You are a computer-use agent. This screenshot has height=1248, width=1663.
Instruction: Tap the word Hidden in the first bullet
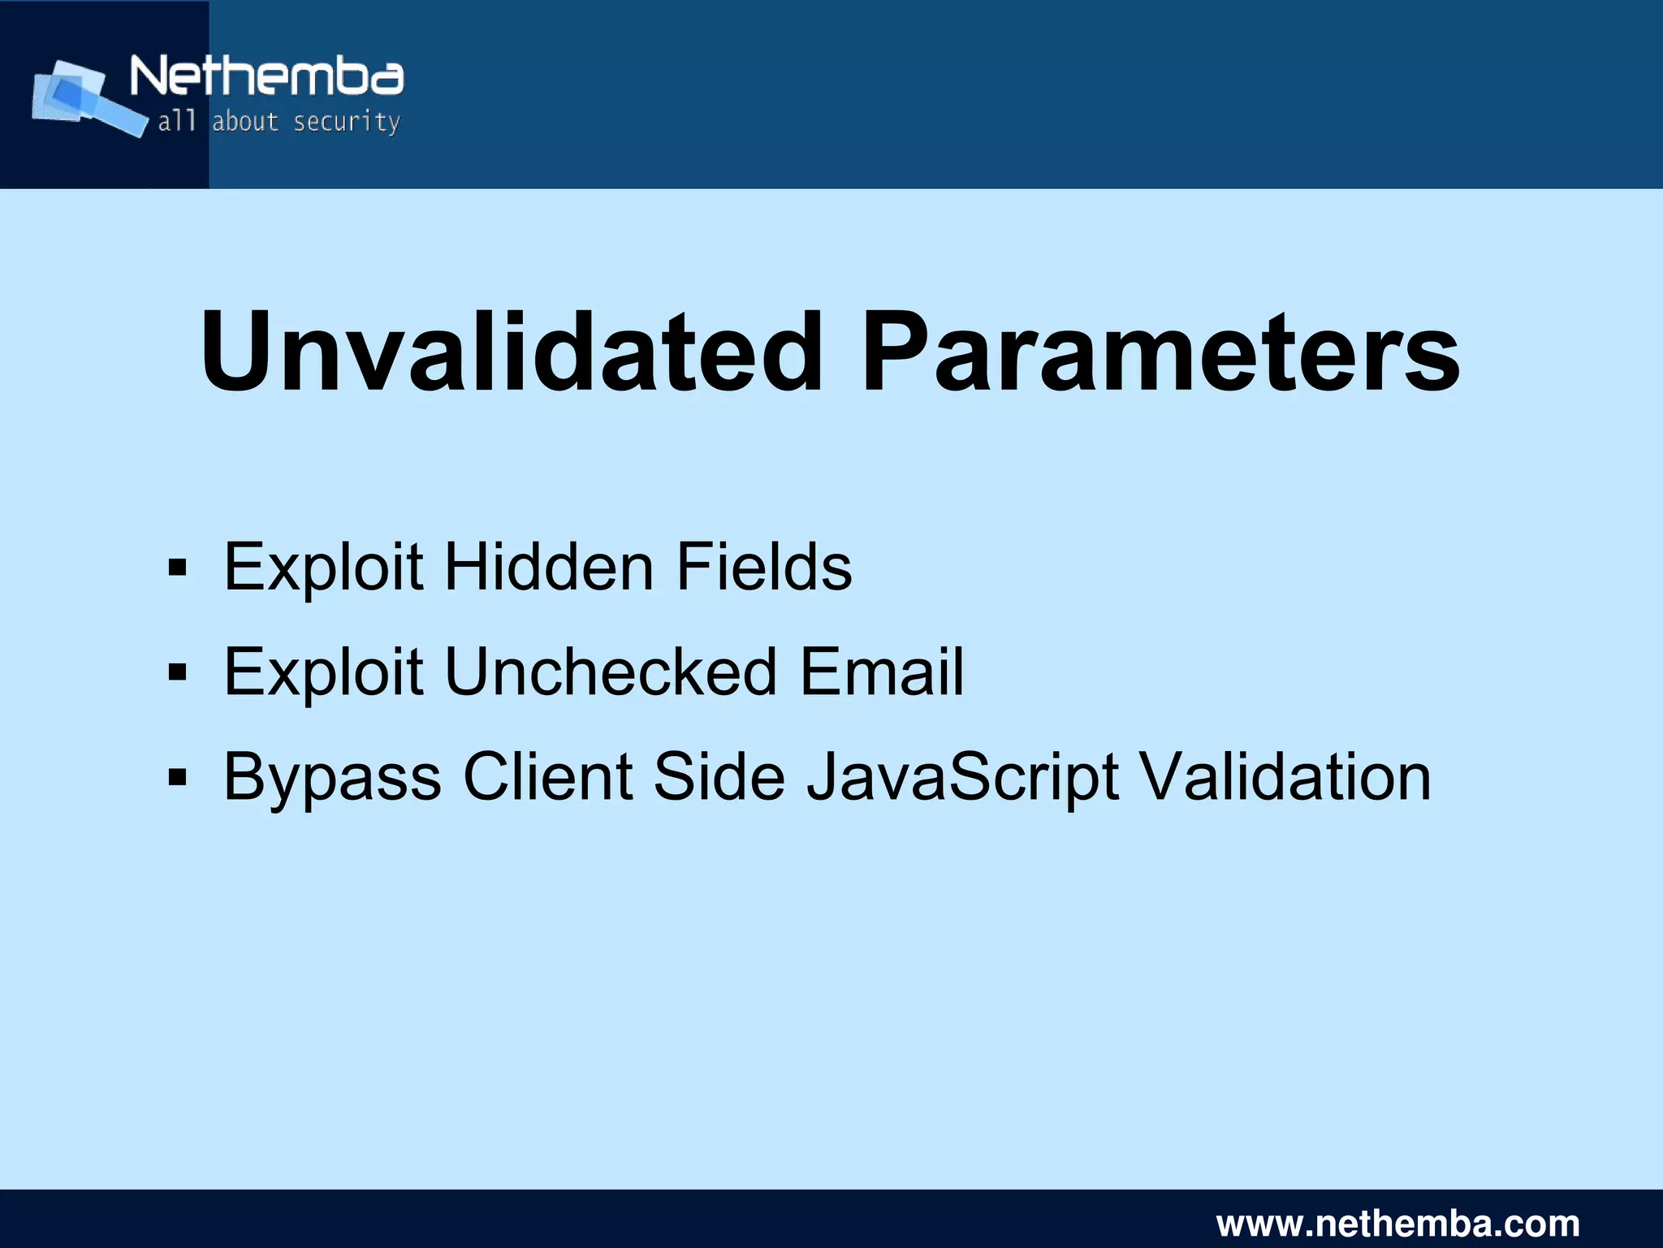coord(549,567)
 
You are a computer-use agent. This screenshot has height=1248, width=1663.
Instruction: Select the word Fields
coord(763,567)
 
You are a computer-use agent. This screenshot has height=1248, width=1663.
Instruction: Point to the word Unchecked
coord(611,672)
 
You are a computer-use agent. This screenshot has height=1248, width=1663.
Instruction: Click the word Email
coord(882,672)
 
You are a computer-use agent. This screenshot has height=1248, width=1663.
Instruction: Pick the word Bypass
coord(332,778)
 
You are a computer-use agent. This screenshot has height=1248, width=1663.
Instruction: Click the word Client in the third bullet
coord(548,776)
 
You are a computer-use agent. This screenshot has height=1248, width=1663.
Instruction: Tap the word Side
coord(719,776)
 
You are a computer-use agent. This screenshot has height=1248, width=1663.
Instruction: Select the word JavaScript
coord(963,778)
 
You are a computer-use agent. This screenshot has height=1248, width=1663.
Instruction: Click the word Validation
coord(1285,776)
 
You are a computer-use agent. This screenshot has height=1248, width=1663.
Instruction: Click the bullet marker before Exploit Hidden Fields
coord(177,568)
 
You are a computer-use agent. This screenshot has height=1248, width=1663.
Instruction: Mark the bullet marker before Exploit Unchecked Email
coord(177,672)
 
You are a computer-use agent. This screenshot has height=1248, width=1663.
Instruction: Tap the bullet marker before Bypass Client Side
coord(177,777)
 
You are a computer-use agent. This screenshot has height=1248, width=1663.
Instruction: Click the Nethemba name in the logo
coord(266,77)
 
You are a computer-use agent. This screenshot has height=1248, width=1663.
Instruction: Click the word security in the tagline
coord(346,122)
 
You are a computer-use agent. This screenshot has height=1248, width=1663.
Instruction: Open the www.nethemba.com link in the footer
coord(1397,1222)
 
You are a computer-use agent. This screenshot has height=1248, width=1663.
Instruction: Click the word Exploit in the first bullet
coord(323,567)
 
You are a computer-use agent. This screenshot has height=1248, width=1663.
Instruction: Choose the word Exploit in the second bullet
coord(323,672)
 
